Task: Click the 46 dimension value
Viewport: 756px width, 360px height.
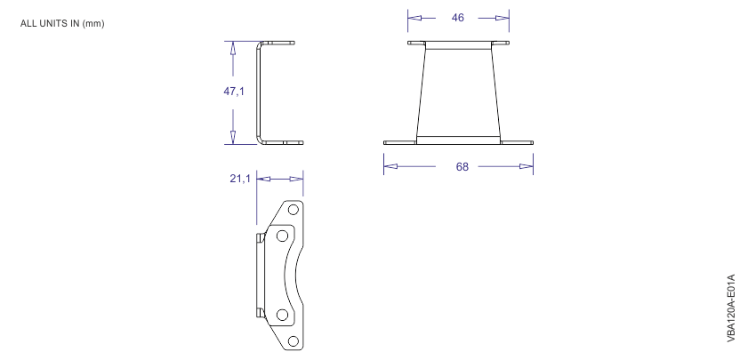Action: click(x=458, y=17)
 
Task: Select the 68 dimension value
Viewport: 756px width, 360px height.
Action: click(x=462, y=166)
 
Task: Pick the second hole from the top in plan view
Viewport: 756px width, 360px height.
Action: click(x=282, y=236)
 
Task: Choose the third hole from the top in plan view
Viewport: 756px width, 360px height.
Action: click(x=282, y=314)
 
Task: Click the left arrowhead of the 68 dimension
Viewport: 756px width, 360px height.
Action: click(x=389, y=166)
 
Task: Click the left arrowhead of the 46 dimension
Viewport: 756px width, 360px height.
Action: click(x=414, y=17)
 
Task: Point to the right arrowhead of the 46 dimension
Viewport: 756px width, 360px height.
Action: click(x=503, y=17)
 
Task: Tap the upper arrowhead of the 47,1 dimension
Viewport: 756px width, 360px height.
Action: click(x=233, y=48)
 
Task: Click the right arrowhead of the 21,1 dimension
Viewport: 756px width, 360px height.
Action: click(x=298, y=179)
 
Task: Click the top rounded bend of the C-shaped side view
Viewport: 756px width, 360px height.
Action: click(x=261, y=44)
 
